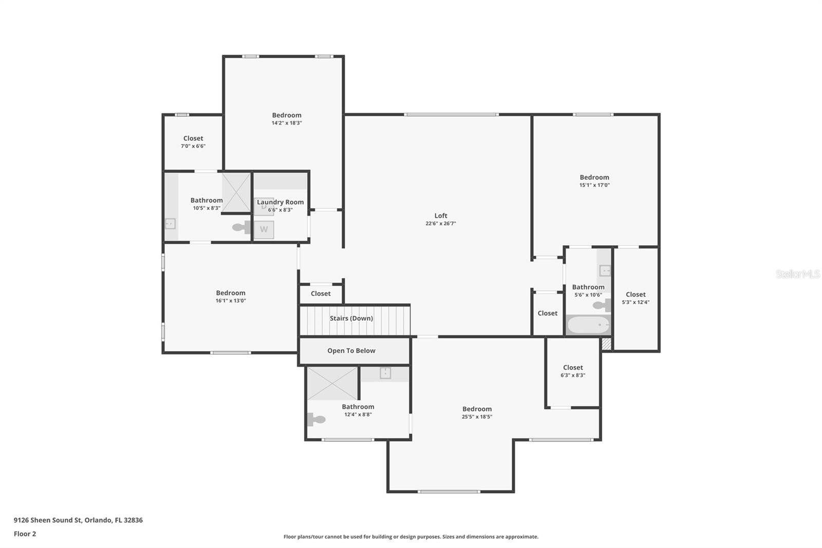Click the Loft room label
pyautogui.click(x=440, y=216)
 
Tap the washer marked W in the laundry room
pyautogui.click(x=264, y=229)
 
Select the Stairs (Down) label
pyautogui.click(x=351, y=318)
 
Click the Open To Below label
pyautogui.click(x=351, y=351)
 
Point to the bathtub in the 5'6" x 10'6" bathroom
pyautogui.click(x=588, y=325)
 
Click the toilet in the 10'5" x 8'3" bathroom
pyautogui.click(x=240, y=227)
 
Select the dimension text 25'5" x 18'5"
pyautogui.click(x=477, y=417)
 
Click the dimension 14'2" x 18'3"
pyautogui.click(x=286, y=123)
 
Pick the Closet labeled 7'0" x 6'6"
pyautogui.click(x=193, y=138)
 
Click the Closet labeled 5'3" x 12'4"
pyautogui.click(x=636, y=295)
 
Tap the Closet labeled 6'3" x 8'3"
pyautogui.click(x=573, y=368)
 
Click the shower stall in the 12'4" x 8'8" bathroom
pyautogui.click(x=332, y=383)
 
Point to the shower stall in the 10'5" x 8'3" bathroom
pyautogui.click(x=236, y=192)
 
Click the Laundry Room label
pyautogui.click(x=280, y=202)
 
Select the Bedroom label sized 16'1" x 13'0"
pyautogui.click(x=231, y=293)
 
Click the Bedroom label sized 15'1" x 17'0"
pyautogui.click(x=594, y=177)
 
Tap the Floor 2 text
pyautogui.click(x=25, y=534)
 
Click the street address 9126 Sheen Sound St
pyautogui.click(x=48, y=520)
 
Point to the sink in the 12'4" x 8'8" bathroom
pyautogui.click(x=385, y=373)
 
